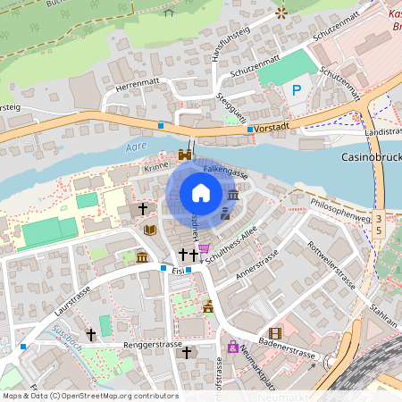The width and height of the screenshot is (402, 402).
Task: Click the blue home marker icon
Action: pyautogui.click(x=201, y=192)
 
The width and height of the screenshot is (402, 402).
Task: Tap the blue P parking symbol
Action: pyautogui.click(x=297, y=90)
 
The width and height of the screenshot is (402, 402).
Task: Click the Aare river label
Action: pyautogui.click(x=136, y=146)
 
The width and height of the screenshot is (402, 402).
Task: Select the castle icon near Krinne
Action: pyautogui.click(x=186, y=155)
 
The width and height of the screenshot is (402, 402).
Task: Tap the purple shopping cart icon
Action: pyautogui.click(x=205, y=248)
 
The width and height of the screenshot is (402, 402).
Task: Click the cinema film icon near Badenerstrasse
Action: pyautogui.click(x=275, y=333)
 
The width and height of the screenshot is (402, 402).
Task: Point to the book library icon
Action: pyautogui.click(x=150, y=230)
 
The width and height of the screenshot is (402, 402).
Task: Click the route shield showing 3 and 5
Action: pyautogui.click(x=379, y=224)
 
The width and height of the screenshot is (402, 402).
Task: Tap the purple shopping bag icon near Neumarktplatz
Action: pyautogui.click(x=234, y=348)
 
